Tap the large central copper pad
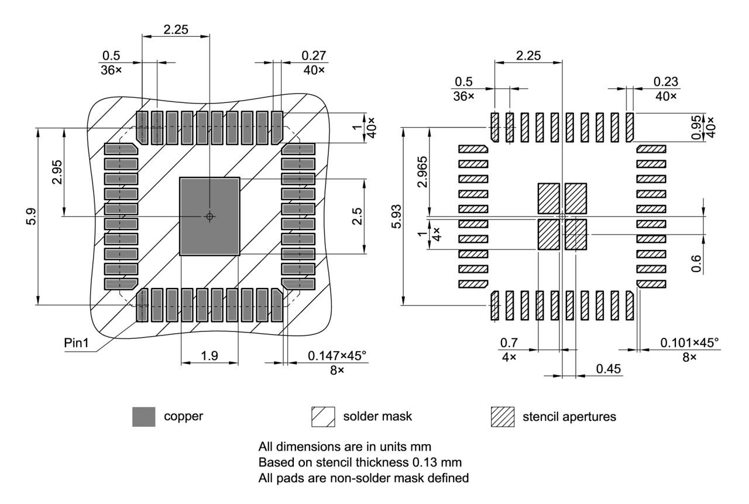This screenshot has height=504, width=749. pos(209,216)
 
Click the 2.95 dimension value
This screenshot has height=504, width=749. pos(57,172)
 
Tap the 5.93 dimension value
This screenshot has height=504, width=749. pos(396,217)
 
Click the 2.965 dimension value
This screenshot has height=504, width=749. pos(423,171)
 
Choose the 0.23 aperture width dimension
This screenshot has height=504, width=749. pos(666,81)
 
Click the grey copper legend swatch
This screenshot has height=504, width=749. pos(144,417)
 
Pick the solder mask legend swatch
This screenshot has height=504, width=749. pos(323,417)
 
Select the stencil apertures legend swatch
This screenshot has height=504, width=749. pos(501,417)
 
